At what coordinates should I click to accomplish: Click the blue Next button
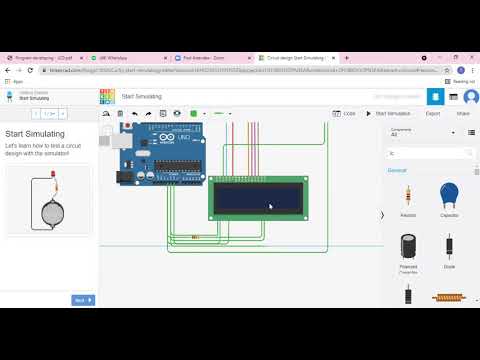[83, 300]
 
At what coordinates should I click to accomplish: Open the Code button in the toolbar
[344, 114]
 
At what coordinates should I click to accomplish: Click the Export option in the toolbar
[432, 114]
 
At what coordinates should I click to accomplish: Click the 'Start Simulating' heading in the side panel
[35, 133]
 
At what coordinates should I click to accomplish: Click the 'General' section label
[397, 170]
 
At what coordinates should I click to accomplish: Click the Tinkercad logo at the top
[107, 96]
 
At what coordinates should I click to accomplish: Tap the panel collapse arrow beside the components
[382, 215]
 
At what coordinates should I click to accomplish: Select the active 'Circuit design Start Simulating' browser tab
[295, 59]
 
